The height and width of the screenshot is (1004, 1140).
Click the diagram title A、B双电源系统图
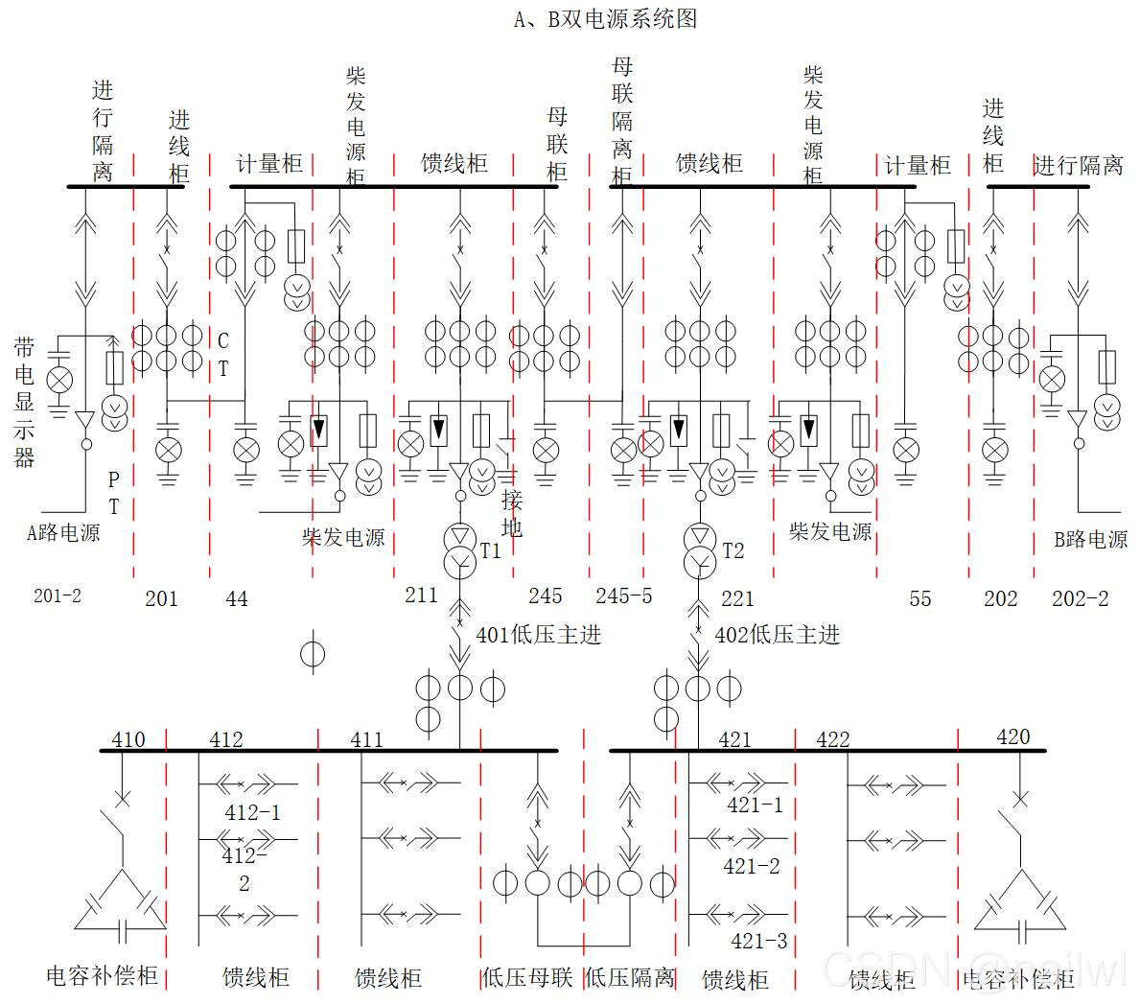[605, 19]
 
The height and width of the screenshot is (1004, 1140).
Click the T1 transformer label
[491, 550]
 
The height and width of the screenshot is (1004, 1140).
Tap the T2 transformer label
[733, 550]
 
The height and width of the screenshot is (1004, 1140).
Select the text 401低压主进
[539, 635]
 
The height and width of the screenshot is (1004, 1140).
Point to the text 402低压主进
[778, 635]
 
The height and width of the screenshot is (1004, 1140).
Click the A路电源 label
[63, 533]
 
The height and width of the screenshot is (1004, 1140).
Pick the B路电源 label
[1091, 539]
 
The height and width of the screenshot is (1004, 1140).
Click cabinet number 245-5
[624, 596]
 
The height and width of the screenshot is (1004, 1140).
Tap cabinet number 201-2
[58, 595]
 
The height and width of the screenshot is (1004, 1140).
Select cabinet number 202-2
[1081, 598]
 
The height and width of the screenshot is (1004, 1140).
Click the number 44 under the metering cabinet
[237, 599]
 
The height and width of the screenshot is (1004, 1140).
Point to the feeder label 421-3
[759, 941]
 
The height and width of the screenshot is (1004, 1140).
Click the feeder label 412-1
[253, 812]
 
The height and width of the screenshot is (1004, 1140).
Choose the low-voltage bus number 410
[128, 739]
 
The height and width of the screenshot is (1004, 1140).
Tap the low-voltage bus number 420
[1013, 736]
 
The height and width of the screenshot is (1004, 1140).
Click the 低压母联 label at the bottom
[527, 977]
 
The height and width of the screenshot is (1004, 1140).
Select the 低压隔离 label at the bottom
[630, 977]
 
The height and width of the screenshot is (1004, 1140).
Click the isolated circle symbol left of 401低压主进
[313, 654]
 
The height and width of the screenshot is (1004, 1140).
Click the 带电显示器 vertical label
[24, 402]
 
